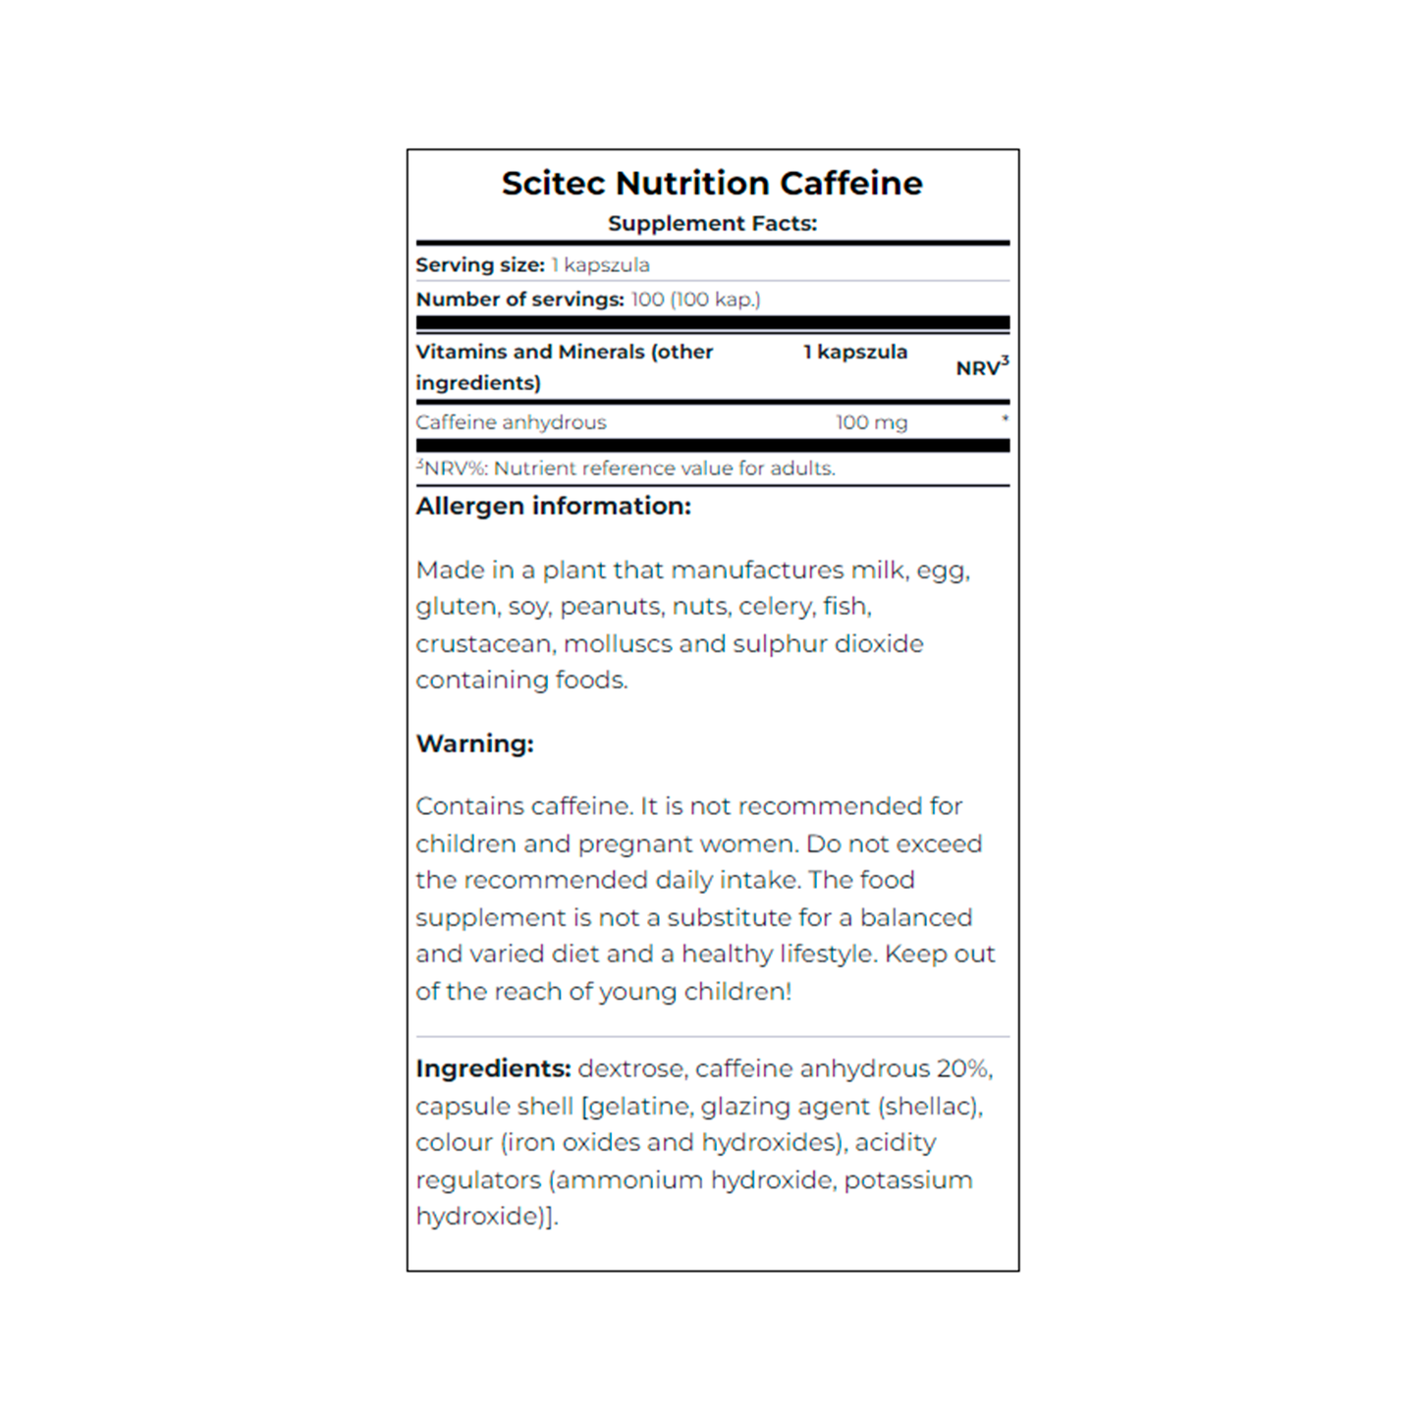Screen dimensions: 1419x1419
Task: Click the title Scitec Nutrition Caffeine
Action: tap(711, 184)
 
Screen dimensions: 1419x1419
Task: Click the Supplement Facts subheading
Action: tap(711, 224)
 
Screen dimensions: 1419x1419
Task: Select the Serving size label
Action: tap(479, 265)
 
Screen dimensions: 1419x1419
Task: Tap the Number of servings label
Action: tap(519, 300)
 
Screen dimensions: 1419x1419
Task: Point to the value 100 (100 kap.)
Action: tap(695, 300)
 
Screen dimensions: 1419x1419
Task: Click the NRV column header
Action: tap(981, 367)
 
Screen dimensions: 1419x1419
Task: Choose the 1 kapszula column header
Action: tap(854, 352)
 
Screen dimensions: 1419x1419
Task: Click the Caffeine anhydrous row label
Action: tap(511, 422)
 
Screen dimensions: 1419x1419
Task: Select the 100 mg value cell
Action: tap(871, 422)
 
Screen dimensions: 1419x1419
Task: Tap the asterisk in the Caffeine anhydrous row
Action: tap(1005, 419)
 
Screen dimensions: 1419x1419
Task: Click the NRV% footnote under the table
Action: tap(626, 468)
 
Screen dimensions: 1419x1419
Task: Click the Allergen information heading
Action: tap(553, 507)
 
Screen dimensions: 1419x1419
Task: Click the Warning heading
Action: tap(474, 744)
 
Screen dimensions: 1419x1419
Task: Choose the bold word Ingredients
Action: tap(492, 1068)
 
